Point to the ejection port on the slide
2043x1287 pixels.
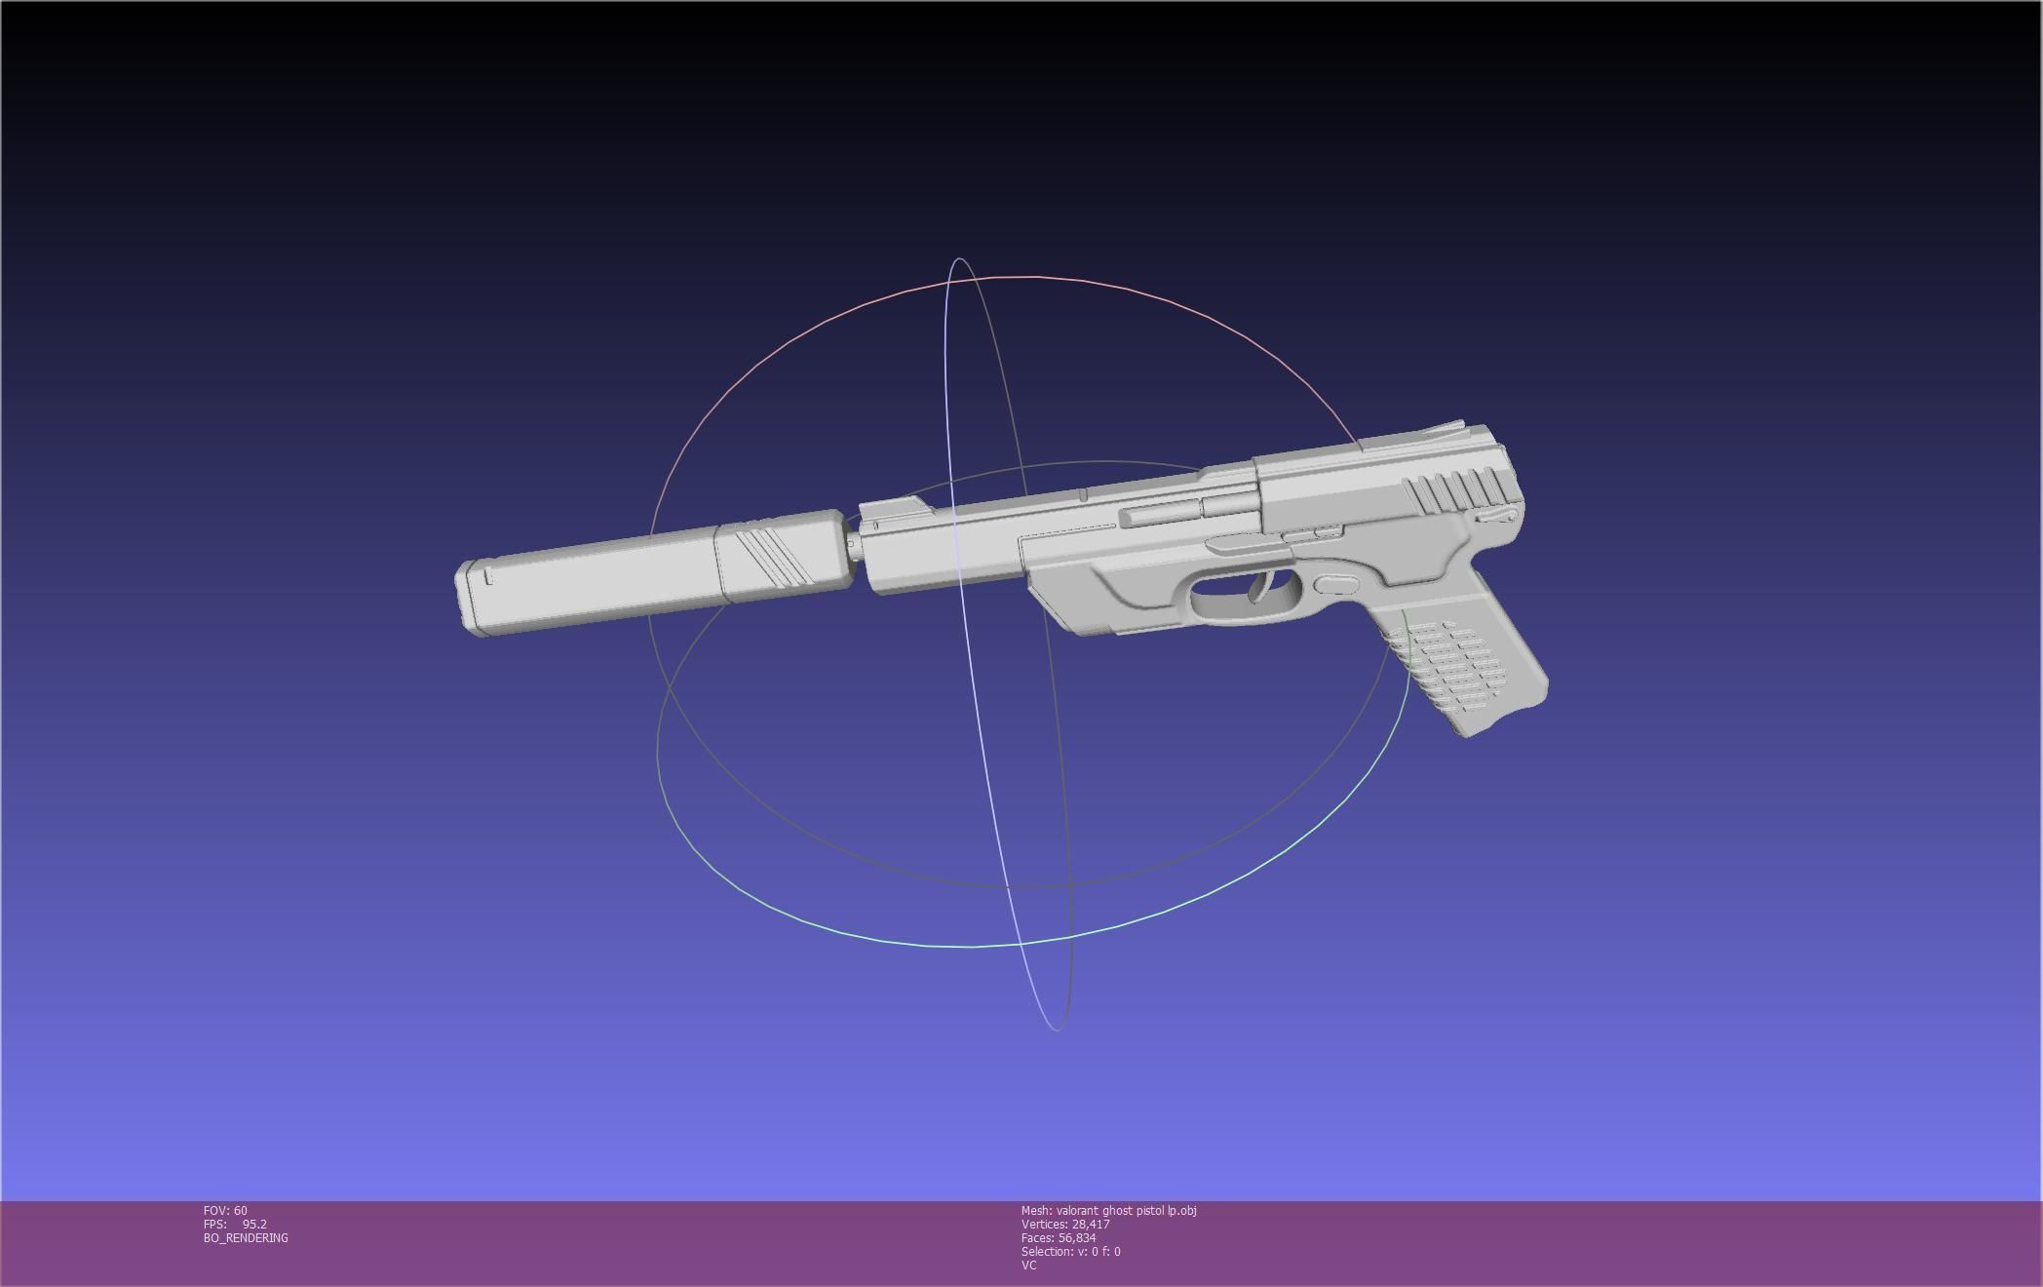1160,513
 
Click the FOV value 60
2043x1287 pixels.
240,1211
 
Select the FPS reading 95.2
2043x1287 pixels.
254,1225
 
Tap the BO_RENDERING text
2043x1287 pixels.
246,1238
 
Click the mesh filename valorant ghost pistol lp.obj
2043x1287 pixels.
1126,1211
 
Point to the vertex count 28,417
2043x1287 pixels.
1090,1225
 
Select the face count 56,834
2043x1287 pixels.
1076,1238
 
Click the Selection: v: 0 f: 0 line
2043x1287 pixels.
1070,1252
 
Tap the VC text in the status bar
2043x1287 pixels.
1028,1266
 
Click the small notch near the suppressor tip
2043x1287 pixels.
488,576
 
